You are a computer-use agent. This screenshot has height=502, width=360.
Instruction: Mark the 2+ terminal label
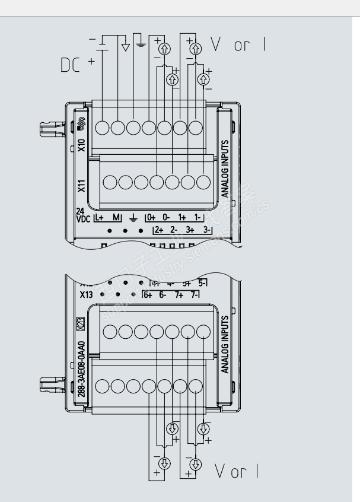pyautogui.click(x=158, y=229)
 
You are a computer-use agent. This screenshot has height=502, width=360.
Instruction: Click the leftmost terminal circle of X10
pyautogui.click(x=102, y=127)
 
